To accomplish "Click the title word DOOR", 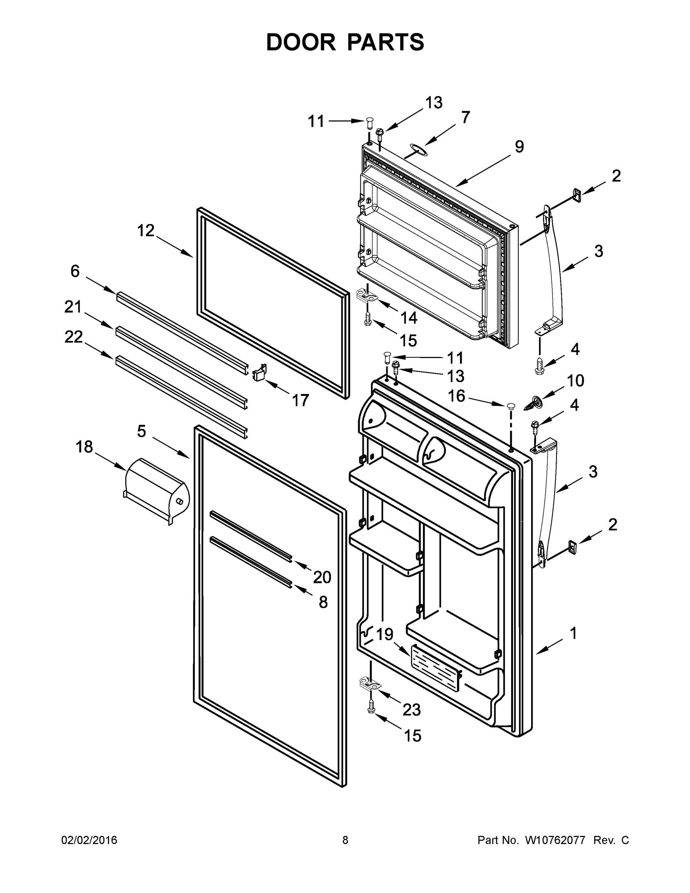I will click(x=301, y=42).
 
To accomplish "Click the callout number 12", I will click(x=146, y=231).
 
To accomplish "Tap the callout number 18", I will click(x=84, y=447).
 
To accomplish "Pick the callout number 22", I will click(x=74, y=337).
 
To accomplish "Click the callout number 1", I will click(x=574, y=633).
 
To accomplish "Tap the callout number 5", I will click(x=141, y=431).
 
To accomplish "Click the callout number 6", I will click(x=75, y=271).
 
